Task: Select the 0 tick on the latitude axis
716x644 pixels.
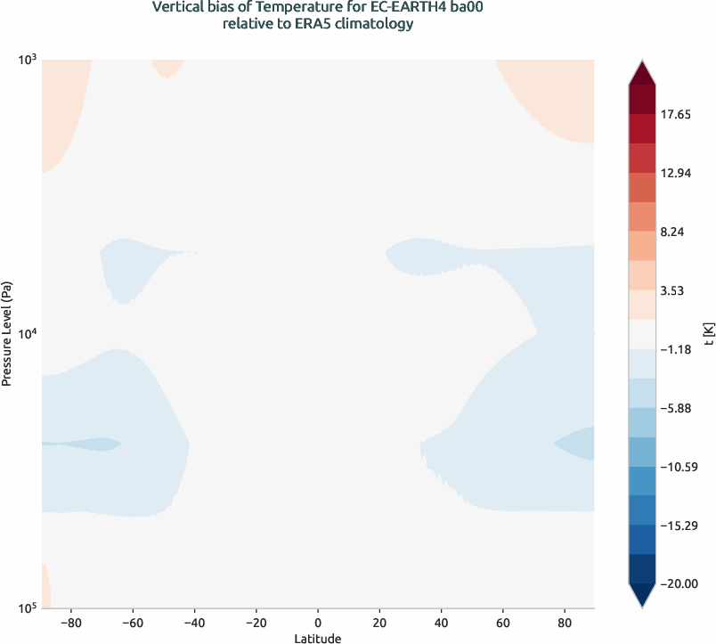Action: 318,622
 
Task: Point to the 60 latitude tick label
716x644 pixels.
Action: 503,622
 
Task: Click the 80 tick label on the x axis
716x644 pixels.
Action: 565,622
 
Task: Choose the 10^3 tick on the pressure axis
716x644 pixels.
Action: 26,60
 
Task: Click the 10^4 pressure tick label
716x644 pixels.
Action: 26,334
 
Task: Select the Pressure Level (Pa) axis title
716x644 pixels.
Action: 7,334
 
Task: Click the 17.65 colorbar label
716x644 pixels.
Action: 680,115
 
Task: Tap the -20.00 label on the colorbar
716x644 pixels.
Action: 682,583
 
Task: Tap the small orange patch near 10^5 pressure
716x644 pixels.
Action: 45,588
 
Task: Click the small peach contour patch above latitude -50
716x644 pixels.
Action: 167,67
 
